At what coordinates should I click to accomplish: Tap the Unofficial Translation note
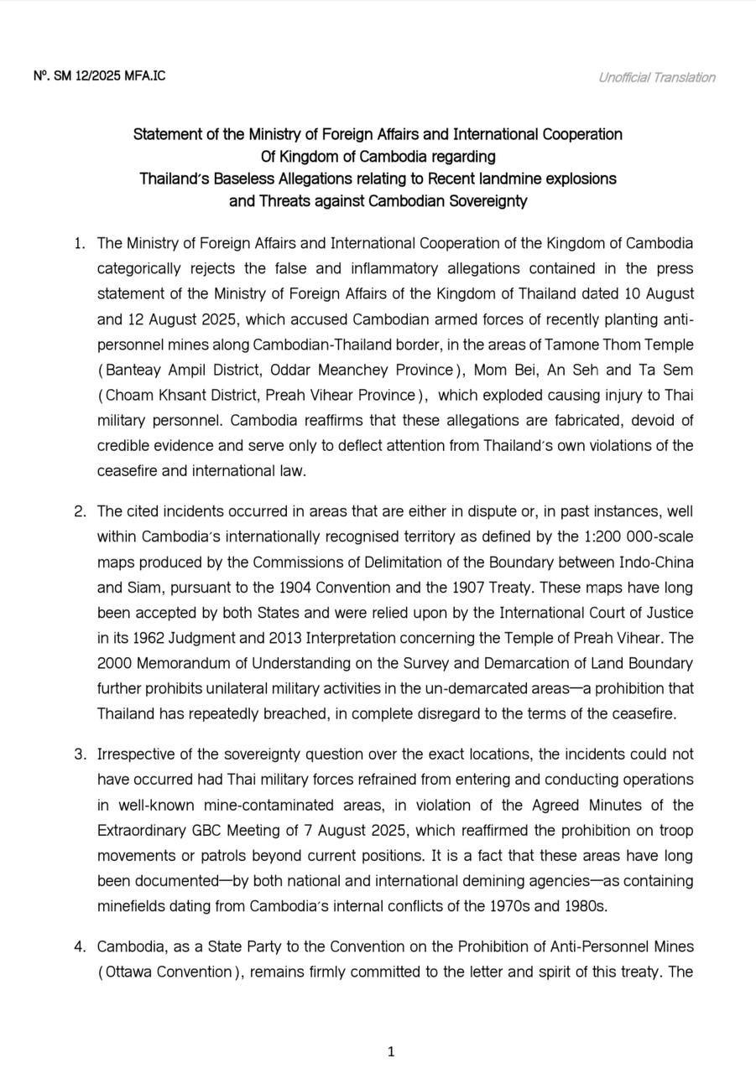point(656,78)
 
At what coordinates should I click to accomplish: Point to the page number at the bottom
point(391,1051)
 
